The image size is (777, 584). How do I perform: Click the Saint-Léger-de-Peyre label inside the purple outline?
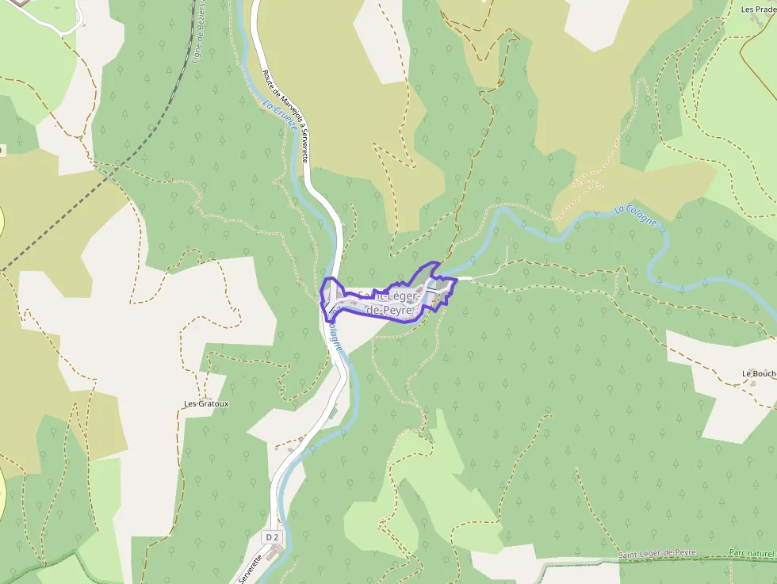(x=387, y=303)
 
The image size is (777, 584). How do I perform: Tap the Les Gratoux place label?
(x=206, y=403)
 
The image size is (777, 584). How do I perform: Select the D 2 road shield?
(x=272, y=537)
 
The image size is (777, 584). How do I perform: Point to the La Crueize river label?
(x=281, y=116)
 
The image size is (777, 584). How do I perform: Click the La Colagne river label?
(x=636, y=215)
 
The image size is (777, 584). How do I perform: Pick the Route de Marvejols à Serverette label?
(x=285, y=116)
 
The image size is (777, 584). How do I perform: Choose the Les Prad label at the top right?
(x=757, y=10)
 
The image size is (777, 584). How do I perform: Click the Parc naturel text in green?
(x=752, y=553)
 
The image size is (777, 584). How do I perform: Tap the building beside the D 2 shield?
(x=275, y=552)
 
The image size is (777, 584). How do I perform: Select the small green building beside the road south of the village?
(x=334, y=412)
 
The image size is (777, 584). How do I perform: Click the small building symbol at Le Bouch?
(x=752, y=384)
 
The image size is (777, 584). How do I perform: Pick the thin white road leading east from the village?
(x=476, y=278)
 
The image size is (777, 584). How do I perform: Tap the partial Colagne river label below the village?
(x=336, y=337)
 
